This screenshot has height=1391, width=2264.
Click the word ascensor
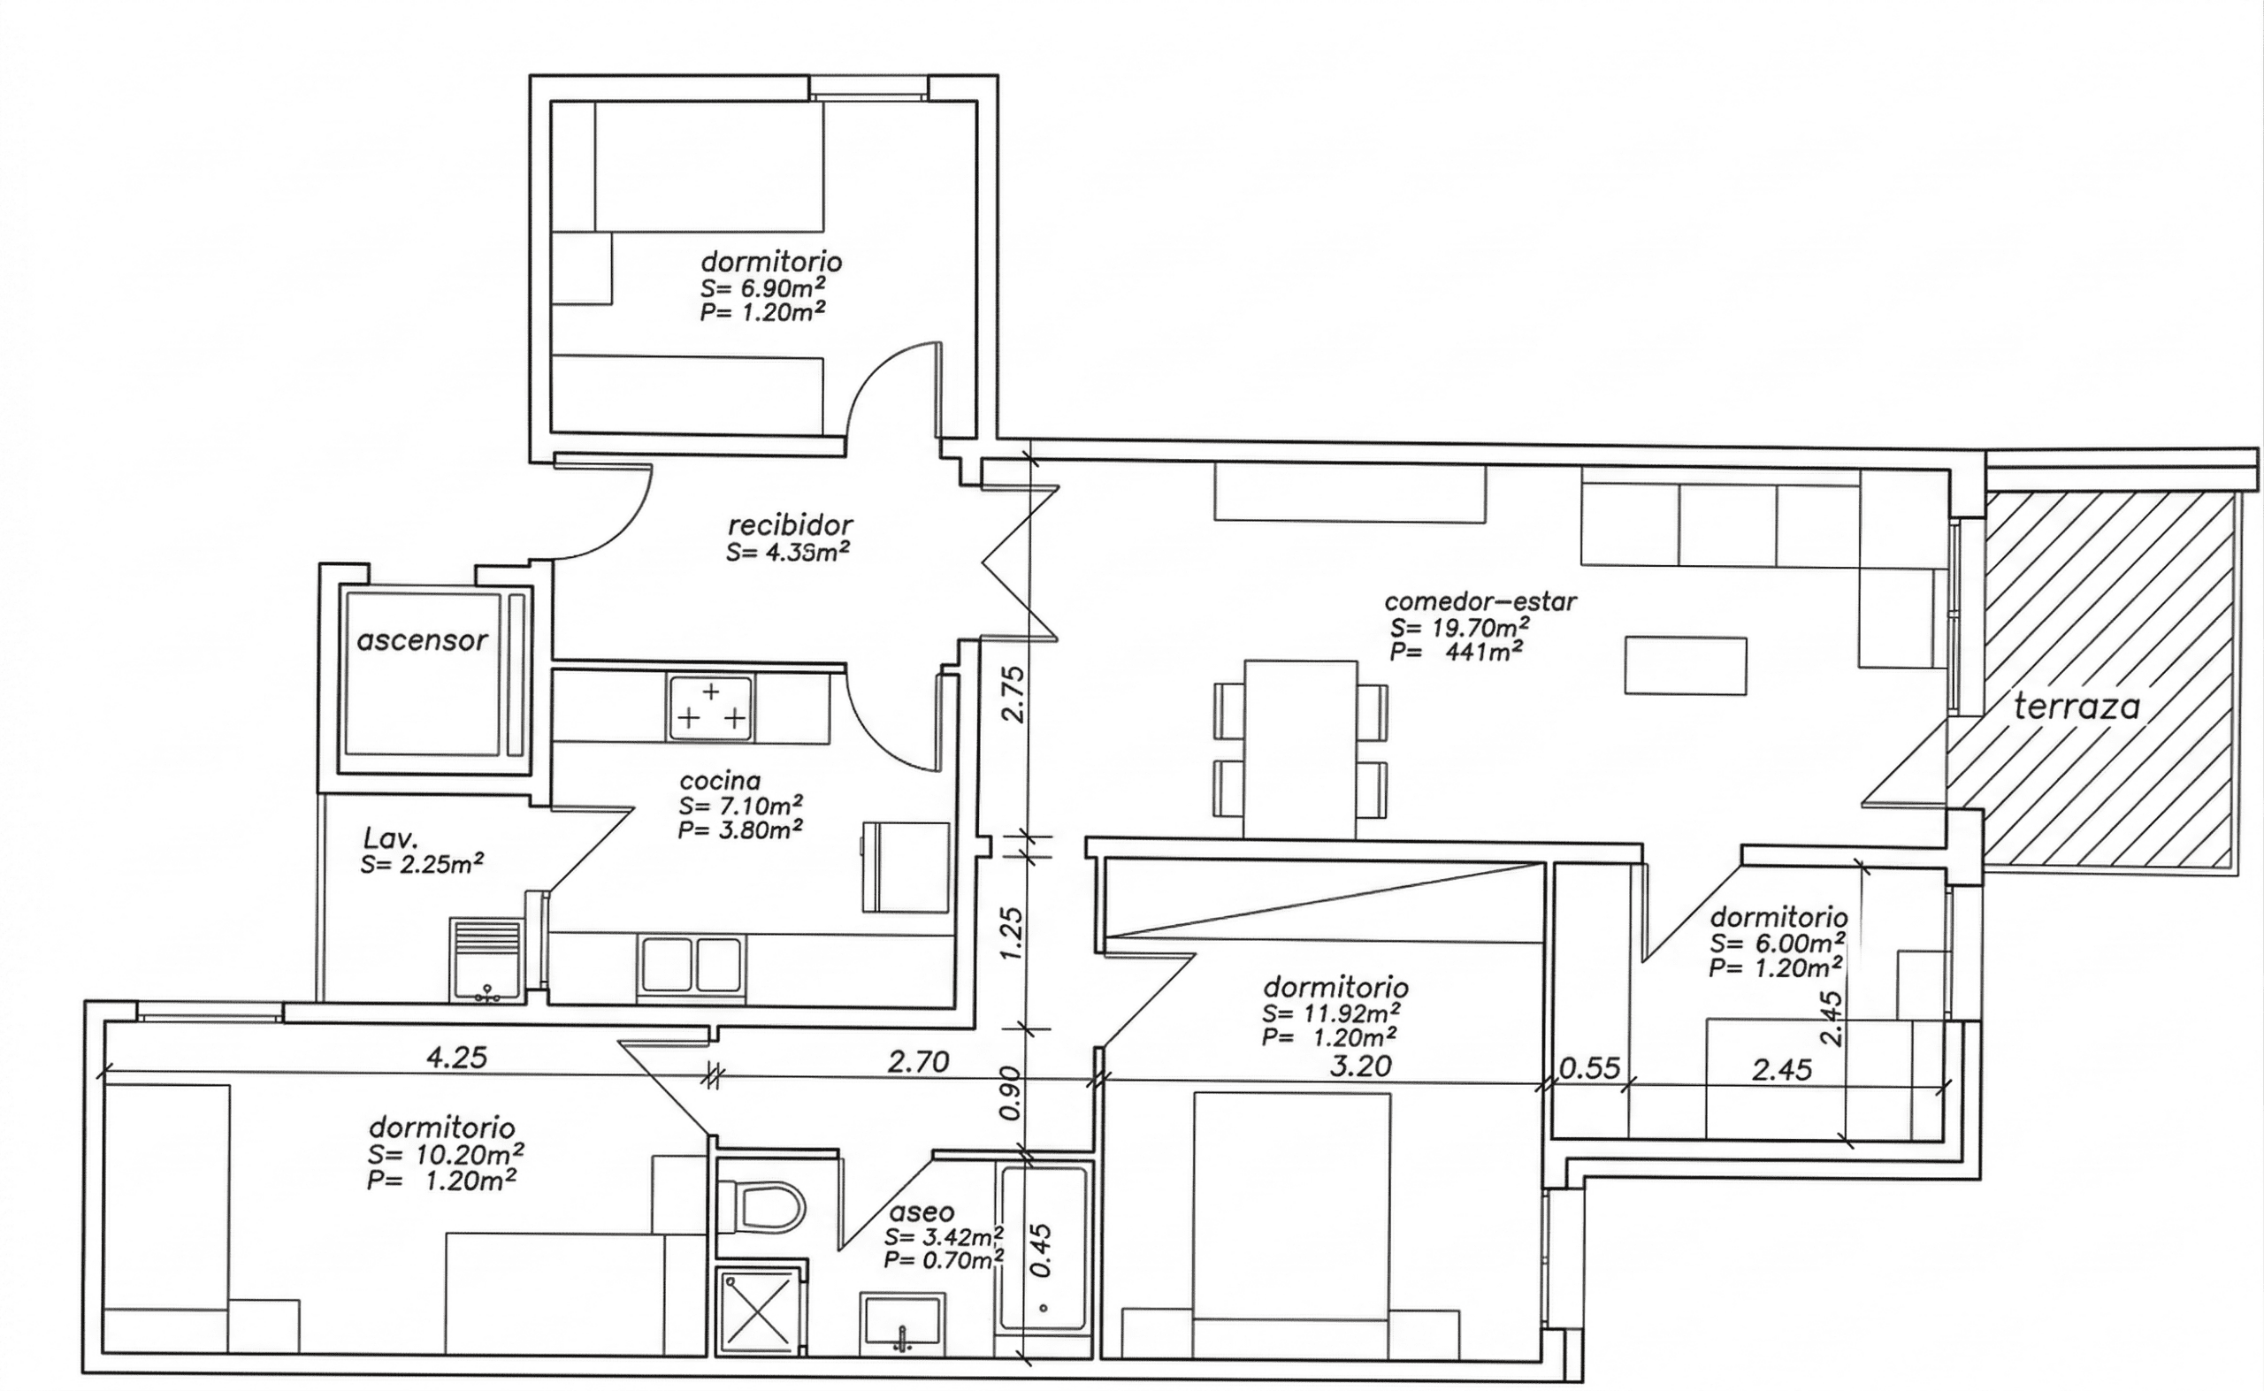(x=421, y=640)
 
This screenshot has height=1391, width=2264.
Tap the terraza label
(x=2077, y=707)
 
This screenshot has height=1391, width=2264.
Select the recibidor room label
(x=791, y=525)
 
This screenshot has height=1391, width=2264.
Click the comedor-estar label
(x=1480, y=601)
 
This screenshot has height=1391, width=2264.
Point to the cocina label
(x=720, y=781)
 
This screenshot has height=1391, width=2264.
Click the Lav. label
(x=391, y=838)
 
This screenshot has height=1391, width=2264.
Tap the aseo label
(x=921, y=1212)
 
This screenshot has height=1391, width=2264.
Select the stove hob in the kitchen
(x=710, y=708)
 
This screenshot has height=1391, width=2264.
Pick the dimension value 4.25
(x=456, y=1058)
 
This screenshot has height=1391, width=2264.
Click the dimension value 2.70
(x=917, y=1063)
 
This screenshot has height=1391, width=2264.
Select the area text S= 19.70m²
(x=1461, y=628)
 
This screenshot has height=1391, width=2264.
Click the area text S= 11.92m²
(x=1332, y=1013)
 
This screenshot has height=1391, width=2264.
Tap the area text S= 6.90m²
(x=761, y=287)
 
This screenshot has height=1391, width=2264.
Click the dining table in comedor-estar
(x=1300, y=749)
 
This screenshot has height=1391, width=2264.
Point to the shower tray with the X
(x=757, y=1310)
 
